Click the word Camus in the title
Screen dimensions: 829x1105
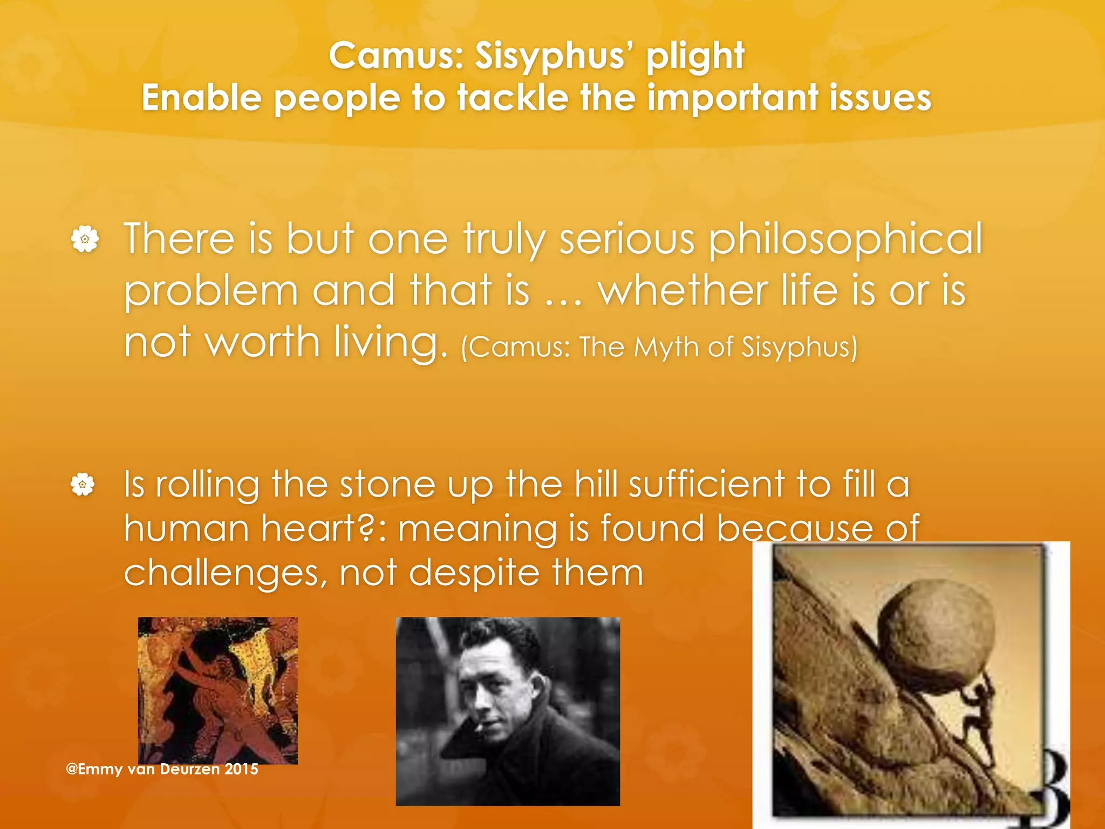click(396, 56)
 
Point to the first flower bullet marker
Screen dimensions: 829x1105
click(85, 239)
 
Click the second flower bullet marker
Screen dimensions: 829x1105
click(83, 484)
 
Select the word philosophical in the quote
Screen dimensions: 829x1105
click(845, 239)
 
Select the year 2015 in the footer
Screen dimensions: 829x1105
click(241, 769)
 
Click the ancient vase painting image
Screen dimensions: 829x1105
click(217, 690)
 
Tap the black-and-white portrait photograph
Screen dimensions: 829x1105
click(508, 711)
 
